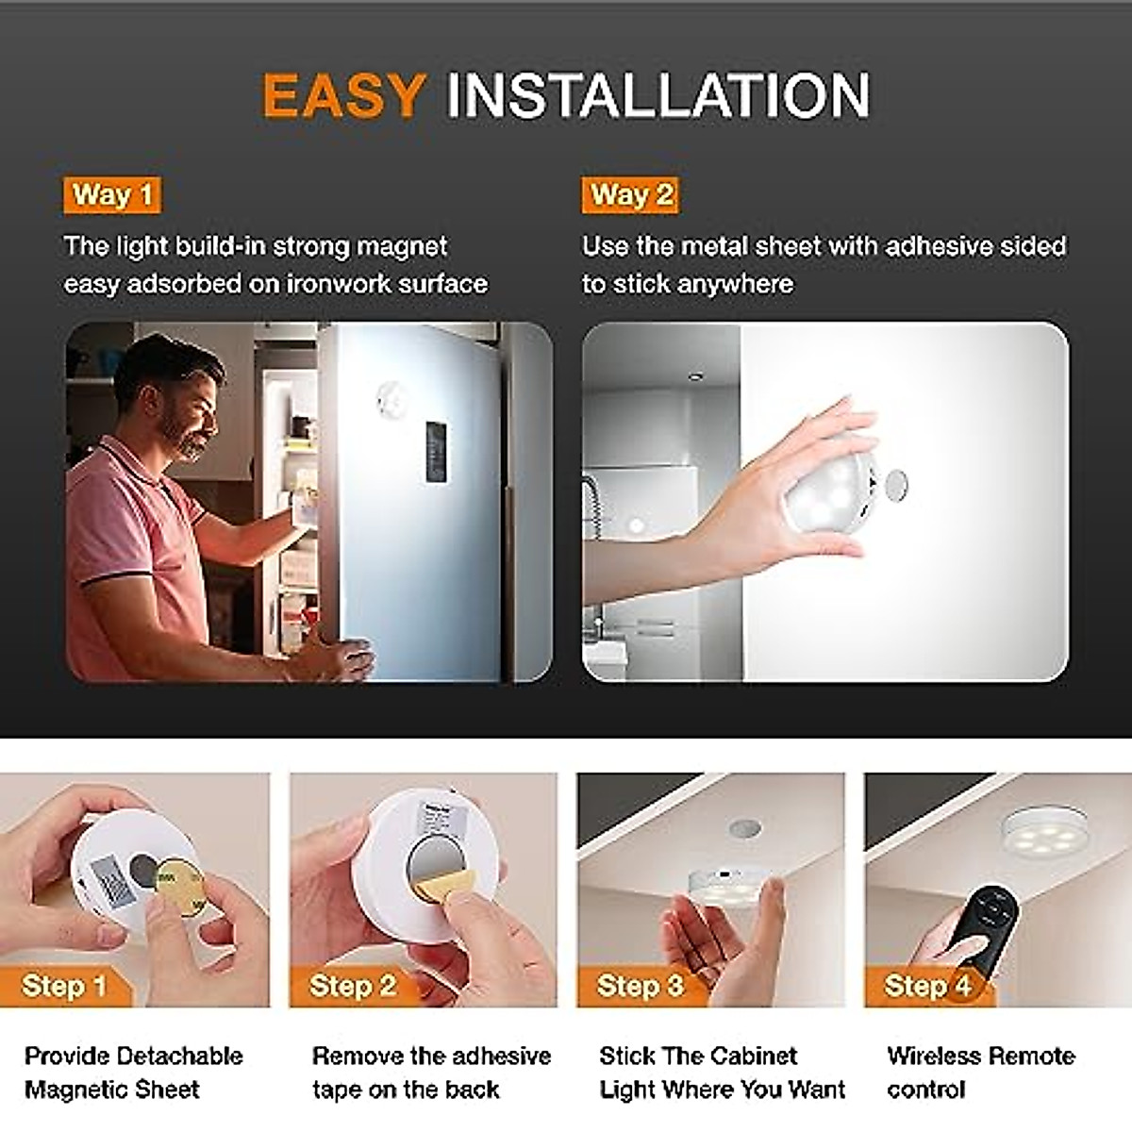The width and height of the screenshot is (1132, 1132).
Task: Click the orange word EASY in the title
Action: pyautogui.click(x=343, y=95)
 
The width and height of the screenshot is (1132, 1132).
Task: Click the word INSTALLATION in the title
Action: pyautogui.click(x=658, y=95)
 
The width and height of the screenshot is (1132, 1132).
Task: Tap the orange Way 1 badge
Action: pyautogui.click(x=111, y=195)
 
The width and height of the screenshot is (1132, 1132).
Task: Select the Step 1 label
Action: pyautogui.click(x=64, y=986)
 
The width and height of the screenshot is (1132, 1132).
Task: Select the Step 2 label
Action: pyautogui.click(x=352, y=986)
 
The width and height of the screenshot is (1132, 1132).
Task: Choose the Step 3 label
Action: pyautogui.click(x=640, y=986)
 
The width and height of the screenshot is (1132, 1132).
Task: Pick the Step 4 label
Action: pyautogui.click(x=926, y=986)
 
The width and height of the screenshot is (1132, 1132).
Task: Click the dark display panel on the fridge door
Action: pyautogui.click(x=435, y=453)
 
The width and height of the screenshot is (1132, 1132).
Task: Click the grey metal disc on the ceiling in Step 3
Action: pyautogui.click(x=744, y=828)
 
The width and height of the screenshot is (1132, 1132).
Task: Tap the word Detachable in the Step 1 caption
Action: pyautogui.click(x=179, y=1056)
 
